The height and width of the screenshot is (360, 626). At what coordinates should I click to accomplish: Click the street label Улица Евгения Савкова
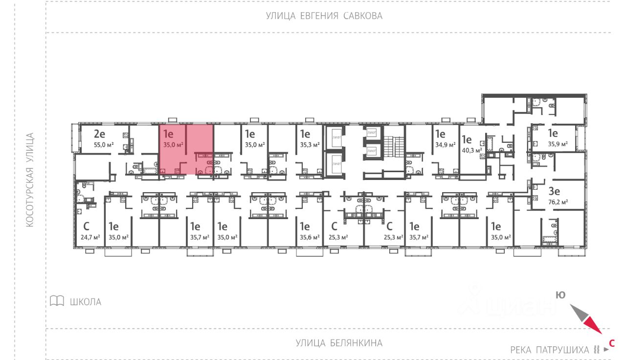(x=324, y=16)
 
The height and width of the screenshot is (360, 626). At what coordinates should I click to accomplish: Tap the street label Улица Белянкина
(x=339, y=343)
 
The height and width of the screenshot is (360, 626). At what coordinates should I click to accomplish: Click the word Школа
(x=86, y=302)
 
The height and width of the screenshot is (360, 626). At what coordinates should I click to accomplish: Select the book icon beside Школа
(x=57, y=301)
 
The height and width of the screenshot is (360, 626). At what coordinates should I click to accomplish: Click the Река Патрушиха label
(x=550, y=350)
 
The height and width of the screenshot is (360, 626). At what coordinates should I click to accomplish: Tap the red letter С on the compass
(x=611, y=343)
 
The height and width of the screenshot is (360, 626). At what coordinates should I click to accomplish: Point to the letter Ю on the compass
(x=560, y=294)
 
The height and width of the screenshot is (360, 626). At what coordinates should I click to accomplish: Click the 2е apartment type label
(x=100, y=134)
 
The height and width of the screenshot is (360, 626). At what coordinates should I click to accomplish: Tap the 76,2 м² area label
(x=558, y=201)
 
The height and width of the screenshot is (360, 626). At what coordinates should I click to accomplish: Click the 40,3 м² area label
(x=471, y=151)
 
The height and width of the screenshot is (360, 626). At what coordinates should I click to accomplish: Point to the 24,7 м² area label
(x=90, y=237)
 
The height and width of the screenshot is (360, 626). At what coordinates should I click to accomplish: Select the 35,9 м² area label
(x=558, y=144)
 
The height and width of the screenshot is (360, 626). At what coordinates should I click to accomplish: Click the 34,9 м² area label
(x=445, y=145)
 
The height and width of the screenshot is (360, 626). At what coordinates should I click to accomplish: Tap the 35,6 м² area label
(x=310, y=237)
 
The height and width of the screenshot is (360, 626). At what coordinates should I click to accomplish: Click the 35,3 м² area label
(x=310, y=145)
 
